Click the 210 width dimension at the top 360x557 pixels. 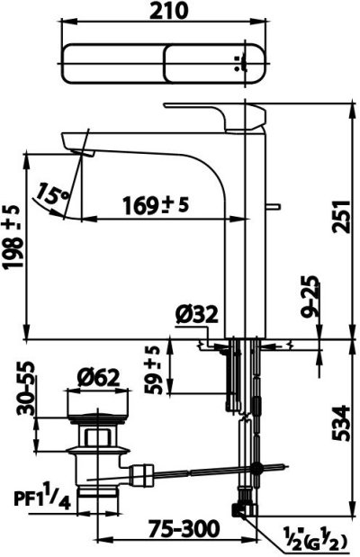[x=168, y=11]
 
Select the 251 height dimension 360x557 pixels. [x=341, y=217]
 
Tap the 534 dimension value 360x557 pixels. [x=341, y=424]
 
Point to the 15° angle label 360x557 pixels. [x=53, y=193]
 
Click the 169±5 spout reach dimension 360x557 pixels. [x=156, y=205]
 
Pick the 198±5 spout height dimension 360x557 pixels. [x=13, y=237]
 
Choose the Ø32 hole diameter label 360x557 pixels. [x=196, y=314]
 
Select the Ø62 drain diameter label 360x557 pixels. [x=98, y=378]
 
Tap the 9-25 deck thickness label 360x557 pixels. [x=310, y=297]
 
